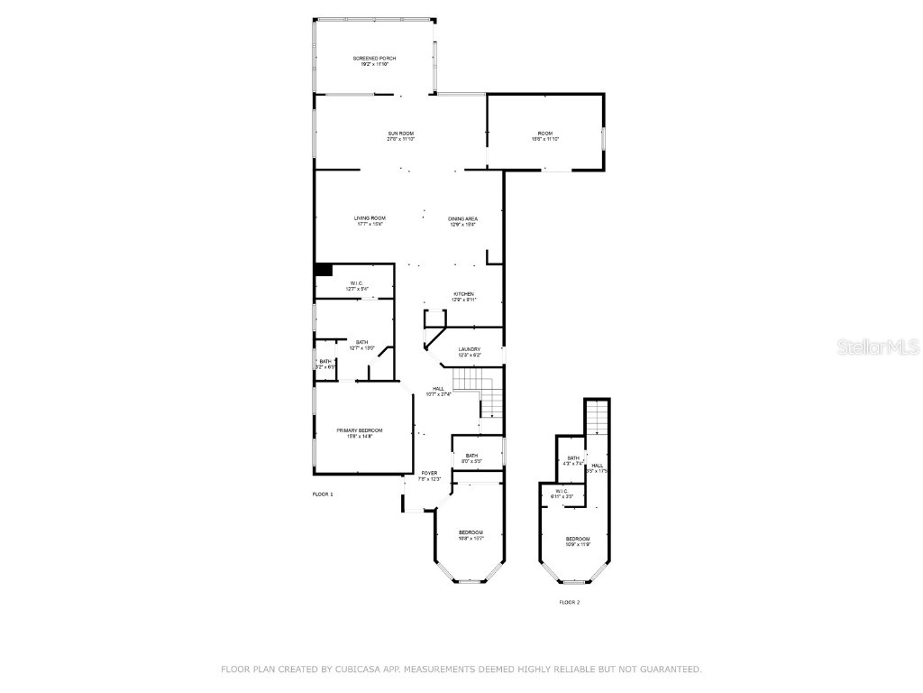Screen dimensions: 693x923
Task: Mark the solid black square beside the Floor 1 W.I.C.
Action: click(x=323, y=269)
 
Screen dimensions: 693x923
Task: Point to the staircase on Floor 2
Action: click(x=599, y=417)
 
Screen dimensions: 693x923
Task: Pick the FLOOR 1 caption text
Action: click(x=323, y=494)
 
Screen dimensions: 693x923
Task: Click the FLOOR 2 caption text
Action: click(x=569, y=602)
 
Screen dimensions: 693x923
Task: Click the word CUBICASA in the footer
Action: click(x=364, y=670)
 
